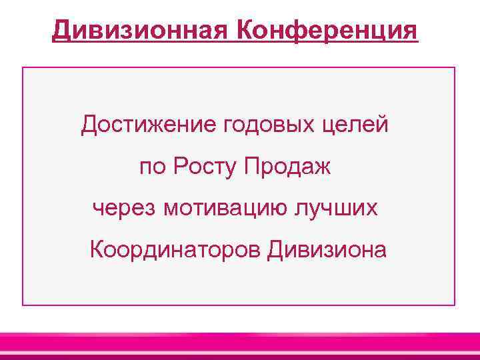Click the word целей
[x=355, y=125]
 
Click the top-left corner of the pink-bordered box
[x=23, y=67]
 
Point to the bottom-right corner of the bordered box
[x=455, y=305]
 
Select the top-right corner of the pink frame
[x=455, y=67]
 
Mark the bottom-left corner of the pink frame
[x=23, y=305]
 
